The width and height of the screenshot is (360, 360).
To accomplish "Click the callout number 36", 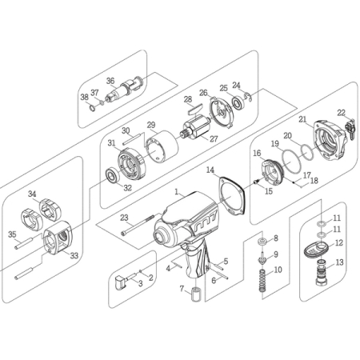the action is pyautogui.click(x=110, y=81).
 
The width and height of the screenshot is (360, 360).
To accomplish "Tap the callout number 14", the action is pyautogui.click(x=210, y=170).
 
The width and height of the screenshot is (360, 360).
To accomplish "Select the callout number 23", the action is pyautogui.click(x=124, y=218).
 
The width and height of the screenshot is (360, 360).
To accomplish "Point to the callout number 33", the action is pyautogui.click(x=74, y=255).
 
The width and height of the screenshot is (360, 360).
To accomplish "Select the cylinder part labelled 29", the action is pyautogui.click(x=162, y=146).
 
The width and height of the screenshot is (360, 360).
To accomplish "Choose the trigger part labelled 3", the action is pyautogui.click(x=121, y=282).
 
